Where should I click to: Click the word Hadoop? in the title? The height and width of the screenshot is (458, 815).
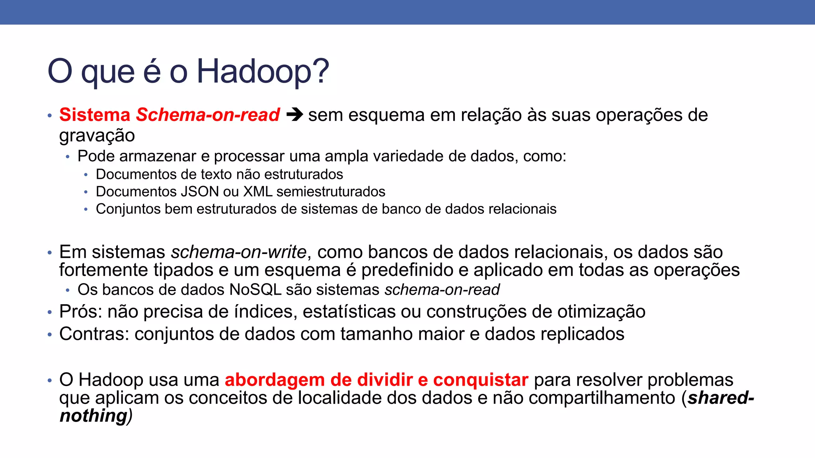pyautogui.click(x=263, y=72)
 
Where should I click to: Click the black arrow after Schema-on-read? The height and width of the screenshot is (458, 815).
pyautogui.click(x=294, y=115)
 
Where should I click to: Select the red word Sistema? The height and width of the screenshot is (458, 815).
pyautogui.click(x=95, y=115)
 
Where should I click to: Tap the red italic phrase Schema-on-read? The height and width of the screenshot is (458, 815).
pyautogui.click(x=208, y=115)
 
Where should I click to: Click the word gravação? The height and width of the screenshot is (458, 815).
pyautogui.click(x=97, y=136)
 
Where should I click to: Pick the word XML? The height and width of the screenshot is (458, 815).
pyautogui.click(x=257, y=192)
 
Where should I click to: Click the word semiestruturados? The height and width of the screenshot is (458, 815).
pyautogui.click(x=331, y=192)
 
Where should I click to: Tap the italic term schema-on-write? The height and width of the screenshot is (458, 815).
pyautogui.click(x=239, y=252)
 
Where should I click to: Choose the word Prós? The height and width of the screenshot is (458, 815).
pyautogui.click(x=81, y=312)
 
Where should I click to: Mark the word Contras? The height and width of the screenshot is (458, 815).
pyautogui.click(x=94, y=334)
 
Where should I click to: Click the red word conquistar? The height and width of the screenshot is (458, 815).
pyautogui.click(x=481, y=380)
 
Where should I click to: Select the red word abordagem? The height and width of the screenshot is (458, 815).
pyautogui.click(x=275, y=380)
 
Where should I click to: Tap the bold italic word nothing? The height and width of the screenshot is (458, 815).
pyautogui.click(x=93, y=416)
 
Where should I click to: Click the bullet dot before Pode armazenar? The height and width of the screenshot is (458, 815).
pyautogui.click(x=68, y=157)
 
